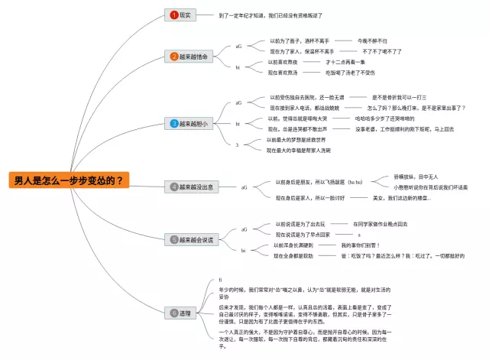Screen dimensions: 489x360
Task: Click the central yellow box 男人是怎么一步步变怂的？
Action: [68, 181]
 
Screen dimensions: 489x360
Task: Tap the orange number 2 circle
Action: [174, 57]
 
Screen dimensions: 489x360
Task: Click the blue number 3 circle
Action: [174, 123]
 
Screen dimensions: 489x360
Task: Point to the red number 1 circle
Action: [174, 15]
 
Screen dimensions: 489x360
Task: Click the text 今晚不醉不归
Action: [372, 41]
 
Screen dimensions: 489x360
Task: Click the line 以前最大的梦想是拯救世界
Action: [296, 140]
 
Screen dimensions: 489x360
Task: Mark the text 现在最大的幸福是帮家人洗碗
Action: [299, 151]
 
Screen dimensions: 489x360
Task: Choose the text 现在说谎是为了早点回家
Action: [303, 235]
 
